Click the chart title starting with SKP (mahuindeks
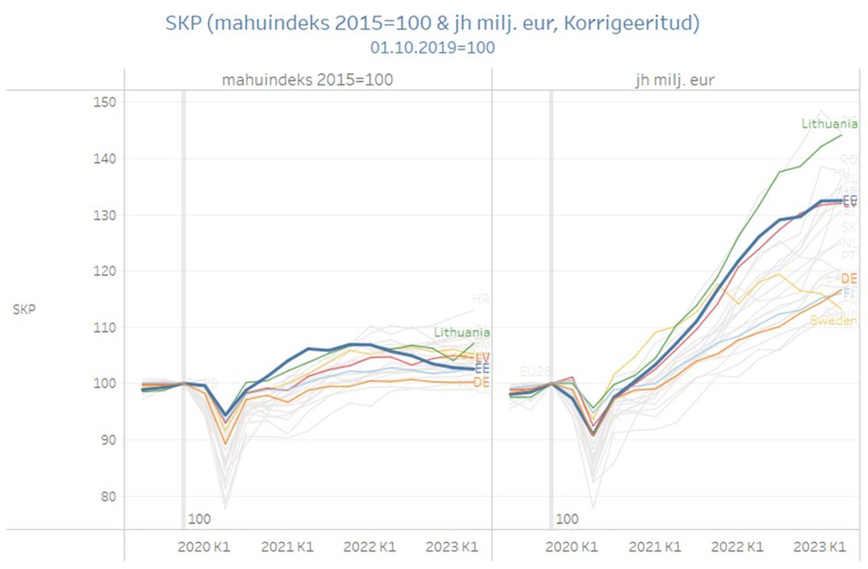[x=432, y=23]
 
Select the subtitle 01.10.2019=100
[x=432, y=47]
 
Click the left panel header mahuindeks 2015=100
[x=307, y=80]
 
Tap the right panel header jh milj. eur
[x=675, y=80]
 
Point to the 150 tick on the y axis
[x=105, y=102]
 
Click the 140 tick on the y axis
[x=105, y=159]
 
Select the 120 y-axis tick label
[x=105, y=271]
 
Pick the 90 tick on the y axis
[x=108, y=440]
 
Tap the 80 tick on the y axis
[x=108, y=497]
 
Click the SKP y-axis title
[x=24, y=309]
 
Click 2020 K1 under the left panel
[x=204, y=547]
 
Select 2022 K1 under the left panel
[x=369, y=547]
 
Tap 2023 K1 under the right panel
[x=819, y=547]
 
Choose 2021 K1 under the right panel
[x=655, y=547]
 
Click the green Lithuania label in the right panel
[x=829, y=124]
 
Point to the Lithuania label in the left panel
[x=462, y=332]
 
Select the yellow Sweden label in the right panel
[x=833, y=321]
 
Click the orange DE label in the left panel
[x=481, y=383]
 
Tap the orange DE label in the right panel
[x=849, y=279]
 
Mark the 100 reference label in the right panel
[x=567, y=519]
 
